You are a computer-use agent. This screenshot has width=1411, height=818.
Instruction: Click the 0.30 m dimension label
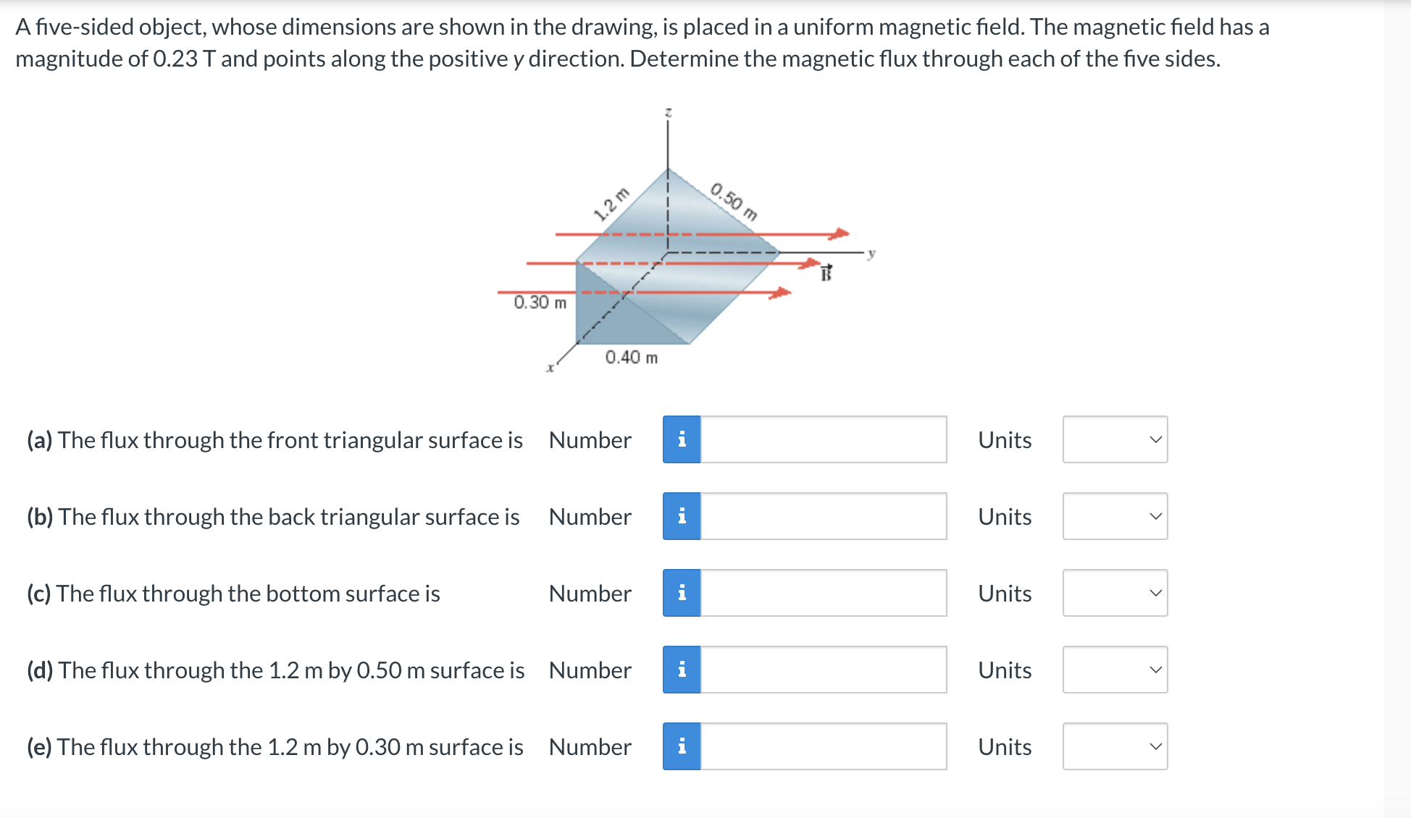point(540,302)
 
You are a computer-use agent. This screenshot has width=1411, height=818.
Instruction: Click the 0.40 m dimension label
point(631,357)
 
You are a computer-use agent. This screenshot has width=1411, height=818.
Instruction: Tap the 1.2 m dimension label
point(611,204)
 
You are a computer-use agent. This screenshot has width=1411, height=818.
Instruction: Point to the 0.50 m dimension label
point(734,201)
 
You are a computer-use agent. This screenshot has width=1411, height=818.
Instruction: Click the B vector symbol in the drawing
point(826,273)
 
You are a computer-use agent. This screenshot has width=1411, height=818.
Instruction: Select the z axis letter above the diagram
point(668,112)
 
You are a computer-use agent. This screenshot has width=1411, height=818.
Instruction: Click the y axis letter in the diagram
point(871,253)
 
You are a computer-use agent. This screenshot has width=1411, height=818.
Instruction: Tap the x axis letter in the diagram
point(550,368)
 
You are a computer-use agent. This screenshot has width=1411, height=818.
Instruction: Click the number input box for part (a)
point(823,439)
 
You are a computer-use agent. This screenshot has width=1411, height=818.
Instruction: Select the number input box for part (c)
point(823,593)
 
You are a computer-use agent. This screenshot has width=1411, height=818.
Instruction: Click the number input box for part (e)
point(823,746)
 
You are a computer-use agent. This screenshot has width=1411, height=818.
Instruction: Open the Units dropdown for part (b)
point(1115,516)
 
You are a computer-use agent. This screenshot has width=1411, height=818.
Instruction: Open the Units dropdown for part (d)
point(1115,670)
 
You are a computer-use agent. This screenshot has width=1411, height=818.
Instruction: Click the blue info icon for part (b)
point(682,516)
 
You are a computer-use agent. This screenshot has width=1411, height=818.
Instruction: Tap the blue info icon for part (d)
point(682,670)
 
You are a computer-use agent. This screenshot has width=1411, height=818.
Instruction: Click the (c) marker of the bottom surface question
point(38,594)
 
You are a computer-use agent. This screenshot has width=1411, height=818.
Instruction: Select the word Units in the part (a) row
point(1004,440)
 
